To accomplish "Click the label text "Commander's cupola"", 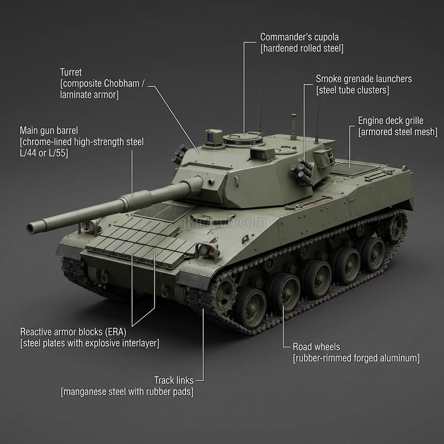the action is pyautogui.click(x=299, y=37).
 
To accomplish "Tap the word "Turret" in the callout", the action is pyautogui.click(x=71, y=72).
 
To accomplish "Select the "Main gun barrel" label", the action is pyautogui.click(x=49, y=131).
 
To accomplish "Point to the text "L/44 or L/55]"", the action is pyautogui.click(x=44, y=153).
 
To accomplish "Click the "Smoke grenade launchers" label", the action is pyautogui.click(x=364, y=79).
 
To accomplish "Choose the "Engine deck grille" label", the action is pyautogui.click(x=391, y=121).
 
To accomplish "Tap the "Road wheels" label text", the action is pyautogui.click(x=316, y=347).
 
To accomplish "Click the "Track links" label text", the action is pyautogui.click(x=174, y=380).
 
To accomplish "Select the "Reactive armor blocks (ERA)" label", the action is pyautogui.click(x=73, y=332).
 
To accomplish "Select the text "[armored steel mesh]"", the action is pyautogui.click(x=398, y=132).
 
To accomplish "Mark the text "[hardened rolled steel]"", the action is pyautogui.click(x=302, y=49).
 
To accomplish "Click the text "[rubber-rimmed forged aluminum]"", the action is pyautogui.click(x=356, y=358).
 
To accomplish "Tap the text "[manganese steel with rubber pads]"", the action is pyautogui.click(x=127, y=392).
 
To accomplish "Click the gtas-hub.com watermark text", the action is pyautogui.click(x=222, y=222).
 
